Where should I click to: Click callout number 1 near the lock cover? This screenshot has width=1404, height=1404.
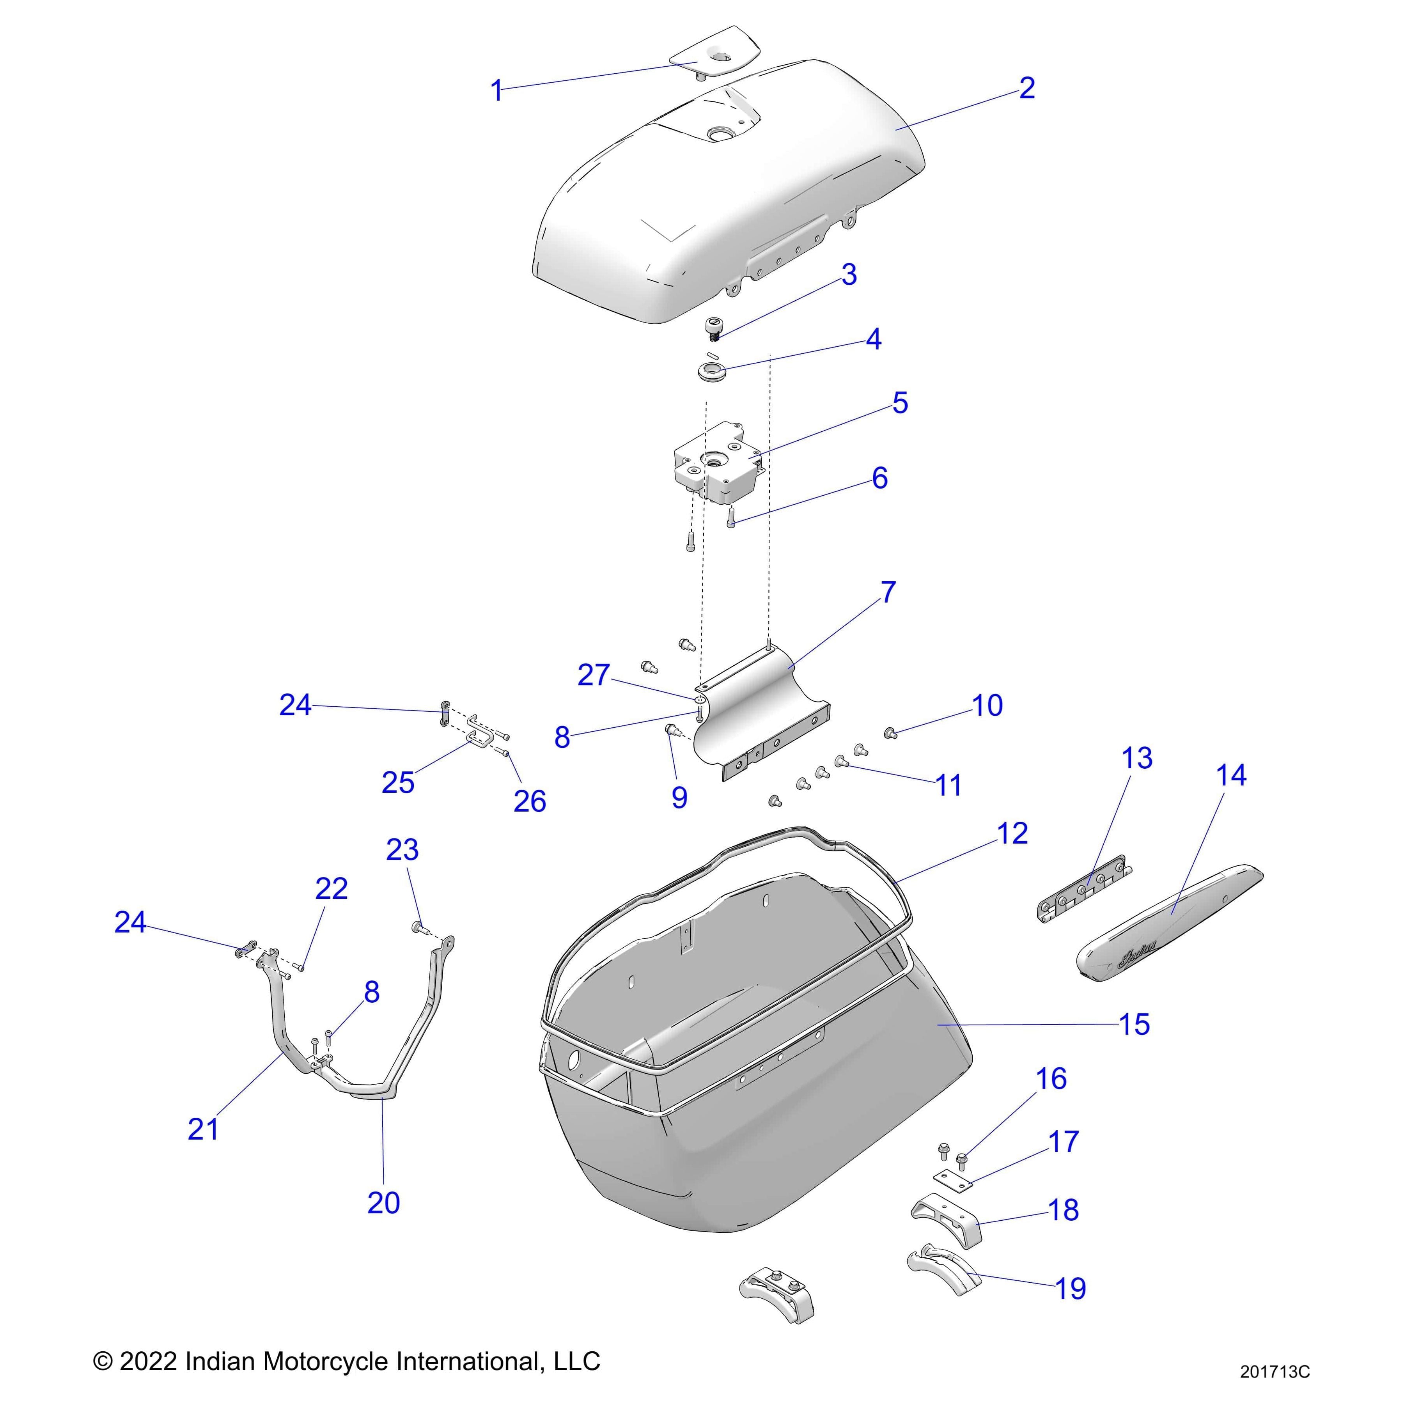(496, 92)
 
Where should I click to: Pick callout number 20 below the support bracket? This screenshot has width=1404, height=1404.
(383, 1203)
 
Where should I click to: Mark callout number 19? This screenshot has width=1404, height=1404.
(1070, 1289)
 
